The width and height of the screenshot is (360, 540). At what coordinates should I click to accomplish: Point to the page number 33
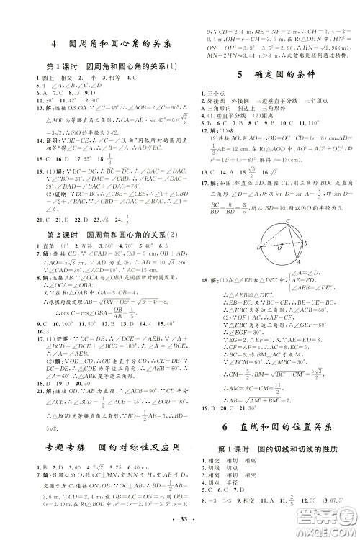[179, 527]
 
